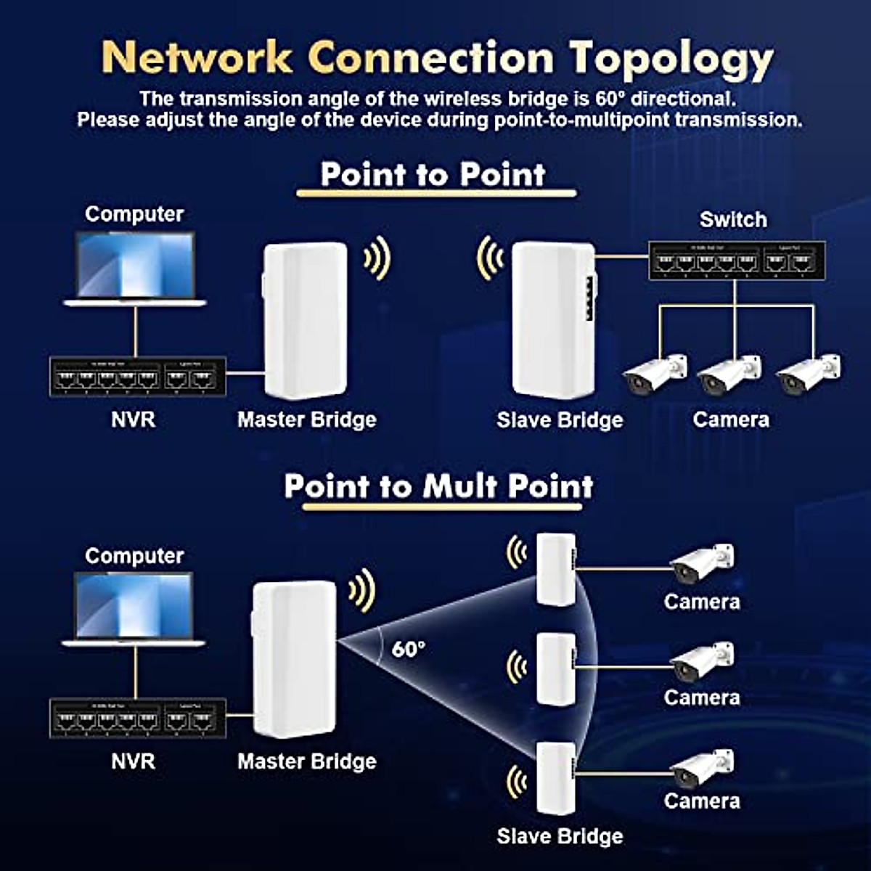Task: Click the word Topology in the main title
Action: pos(671,58)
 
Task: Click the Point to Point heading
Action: pos(433,175)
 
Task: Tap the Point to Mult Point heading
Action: pos(438,486)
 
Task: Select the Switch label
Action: pos(732,220)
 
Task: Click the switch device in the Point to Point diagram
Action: pos(736,261)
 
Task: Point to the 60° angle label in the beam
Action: pos(409,648)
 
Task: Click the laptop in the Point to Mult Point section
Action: pos(135,608)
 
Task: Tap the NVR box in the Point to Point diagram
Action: pos(137,377)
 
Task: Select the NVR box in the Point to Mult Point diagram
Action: pos(137,718)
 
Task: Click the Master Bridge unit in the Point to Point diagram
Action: pos(306,321)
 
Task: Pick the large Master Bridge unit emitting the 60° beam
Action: pos(295,658)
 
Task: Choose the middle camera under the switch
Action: pos(729,374)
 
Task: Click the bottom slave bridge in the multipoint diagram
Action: pos(556,778)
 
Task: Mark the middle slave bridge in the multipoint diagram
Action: pos(556,668)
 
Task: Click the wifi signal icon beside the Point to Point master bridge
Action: pos(377,258)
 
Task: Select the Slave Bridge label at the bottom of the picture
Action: pos(560,836)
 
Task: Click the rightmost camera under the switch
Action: pos(808,374)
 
